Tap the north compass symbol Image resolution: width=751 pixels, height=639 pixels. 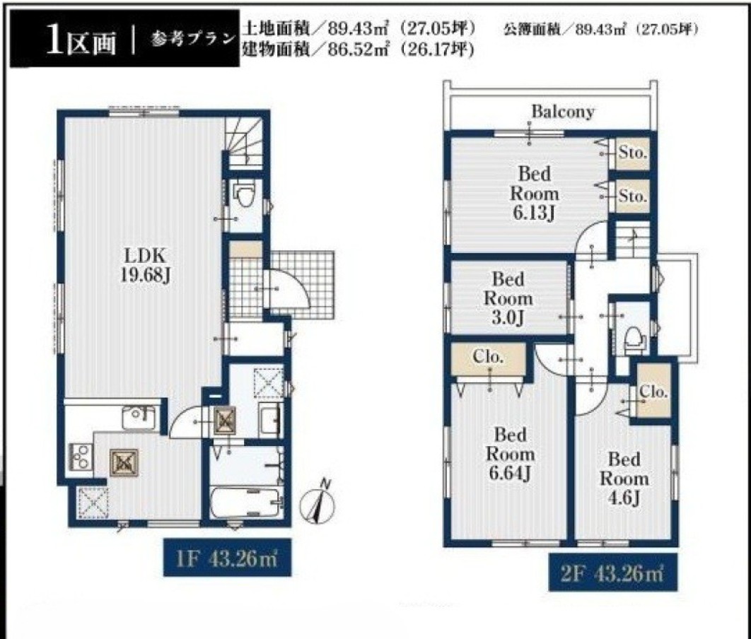(318, 502)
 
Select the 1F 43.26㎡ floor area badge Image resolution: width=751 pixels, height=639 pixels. (227, 558)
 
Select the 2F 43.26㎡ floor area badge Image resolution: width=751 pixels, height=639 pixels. (612, 573)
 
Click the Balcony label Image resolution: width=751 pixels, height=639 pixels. (563, 112)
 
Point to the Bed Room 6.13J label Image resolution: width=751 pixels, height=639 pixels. (534, 193)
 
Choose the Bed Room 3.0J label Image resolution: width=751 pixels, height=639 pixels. (508, 299)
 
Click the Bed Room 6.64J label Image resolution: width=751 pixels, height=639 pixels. (511, 454)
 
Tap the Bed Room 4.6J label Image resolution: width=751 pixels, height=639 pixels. (624, 479)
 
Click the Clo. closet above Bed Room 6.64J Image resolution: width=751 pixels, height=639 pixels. (489, 358)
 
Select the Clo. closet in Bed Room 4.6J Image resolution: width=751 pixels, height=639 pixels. (653, 392)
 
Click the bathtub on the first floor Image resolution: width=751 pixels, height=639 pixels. (245, 503)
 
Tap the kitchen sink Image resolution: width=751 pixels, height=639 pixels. (139, 417)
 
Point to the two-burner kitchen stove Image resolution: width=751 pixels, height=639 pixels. (81, 456)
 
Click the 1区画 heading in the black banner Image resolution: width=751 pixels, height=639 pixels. (81, 42)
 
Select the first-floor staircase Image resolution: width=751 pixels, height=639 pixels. (244, 142)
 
